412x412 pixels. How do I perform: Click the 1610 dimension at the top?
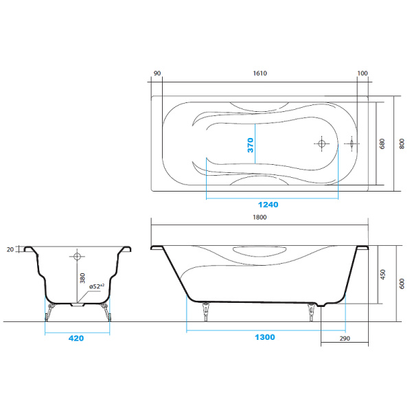tap(260, 73)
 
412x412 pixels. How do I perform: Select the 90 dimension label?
tap(157, 73)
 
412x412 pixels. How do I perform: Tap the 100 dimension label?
tap(363, 73)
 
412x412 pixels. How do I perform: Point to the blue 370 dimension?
tap(251, 145)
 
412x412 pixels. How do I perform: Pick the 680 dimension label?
tap(382, 144)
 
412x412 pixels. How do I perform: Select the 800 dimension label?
tap(400, 144)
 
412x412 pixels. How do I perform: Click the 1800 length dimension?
tap(260, 217)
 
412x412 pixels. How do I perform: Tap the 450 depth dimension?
tap(383, 275)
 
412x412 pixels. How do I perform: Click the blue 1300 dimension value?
tap(263, 337)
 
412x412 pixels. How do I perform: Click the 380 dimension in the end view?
tap(82, 279)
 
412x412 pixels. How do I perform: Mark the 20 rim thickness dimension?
tap(10, 250)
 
